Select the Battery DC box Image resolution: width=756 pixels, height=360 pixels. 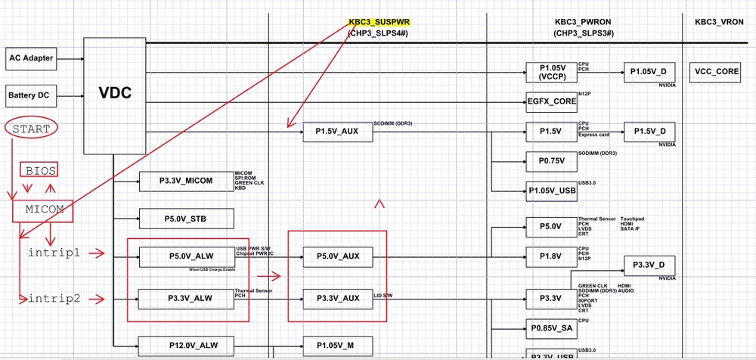[x=33, y=95]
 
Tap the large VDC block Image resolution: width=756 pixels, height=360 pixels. [x=115, y=93]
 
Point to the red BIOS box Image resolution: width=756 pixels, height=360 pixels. [x=38, y=169]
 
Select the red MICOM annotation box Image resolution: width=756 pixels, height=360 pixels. [x=42, y=211]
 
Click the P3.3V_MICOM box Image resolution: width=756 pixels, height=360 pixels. [x=186, y=181]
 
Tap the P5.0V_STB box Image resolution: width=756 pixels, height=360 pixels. [x=186, y=219]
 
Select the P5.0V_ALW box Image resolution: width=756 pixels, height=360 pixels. [x=186, y=256]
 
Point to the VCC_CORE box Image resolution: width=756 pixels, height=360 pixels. [x=716, y=73]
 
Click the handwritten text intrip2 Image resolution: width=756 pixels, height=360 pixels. [x=54, y=299]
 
